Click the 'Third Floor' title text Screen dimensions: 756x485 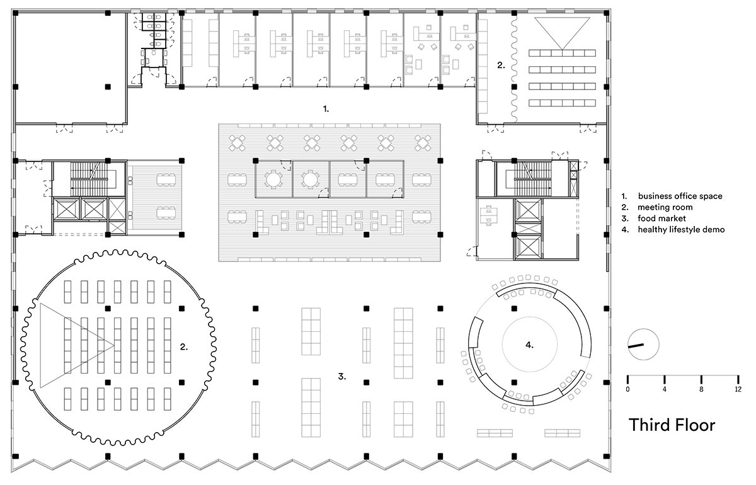point(672,425)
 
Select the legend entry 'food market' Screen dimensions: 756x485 point(662,219)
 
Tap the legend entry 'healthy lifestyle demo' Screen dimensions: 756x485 point(681,229)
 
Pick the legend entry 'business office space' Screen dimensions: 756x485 point(680,196)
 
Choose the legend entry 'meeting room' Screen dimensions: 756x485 point(665,207)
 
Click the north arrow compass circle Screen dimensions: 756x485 point(643,345)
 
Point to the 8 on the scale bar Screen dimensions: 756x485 point(701,389)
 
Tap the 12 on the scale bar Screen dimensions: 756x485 point(738,389)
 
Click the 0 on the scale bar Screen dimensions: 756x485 point(627,389)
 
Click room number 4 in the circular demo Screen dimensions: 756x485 point(529,345)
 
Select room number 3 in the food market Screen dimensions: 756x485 point(342,376)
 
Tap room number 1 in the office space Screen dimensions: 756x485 point(326,109)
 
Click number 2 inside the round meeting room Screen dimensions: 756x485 point(183,346)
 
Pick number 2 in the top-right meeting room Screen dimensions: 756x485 point(501,65)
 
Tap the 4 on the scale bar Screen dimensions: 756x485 point(665,389)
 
